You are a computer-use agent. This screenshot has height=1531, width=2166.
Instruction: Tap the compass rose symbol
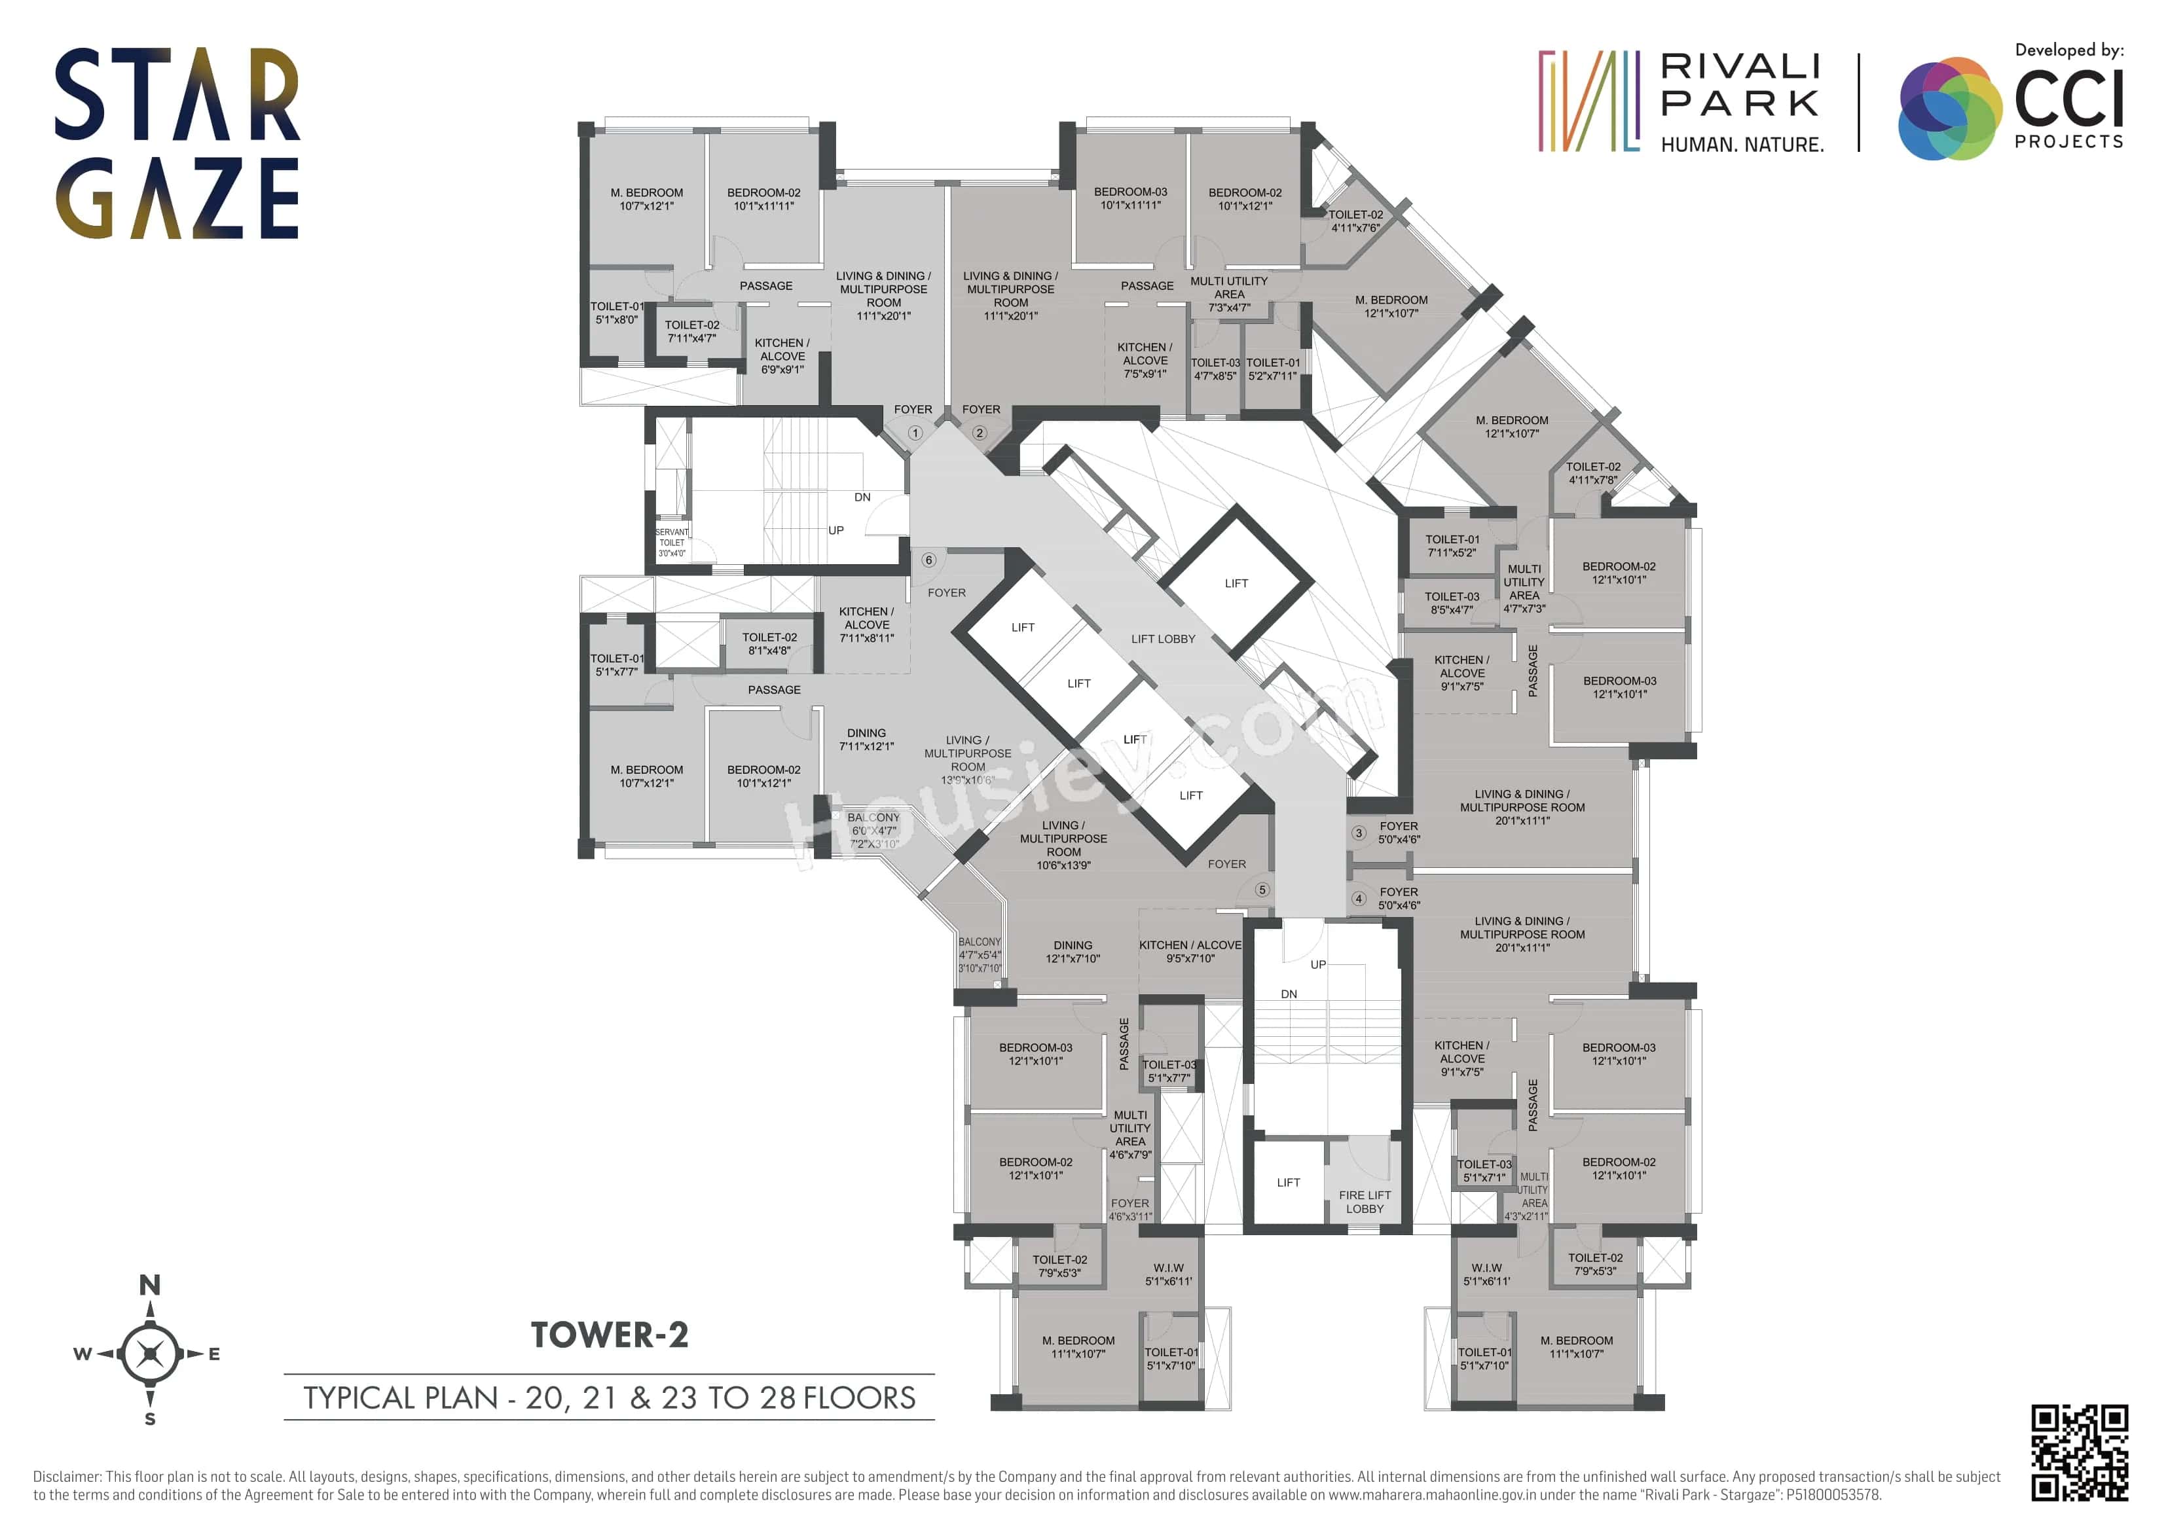tap(150, 1353)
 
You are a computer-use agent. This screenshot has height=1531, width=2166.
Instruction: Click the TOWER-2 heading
tap(610, 1335)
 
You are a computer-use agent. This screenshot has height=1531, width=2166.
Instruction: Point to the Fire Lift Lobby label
tap(1364, 1201)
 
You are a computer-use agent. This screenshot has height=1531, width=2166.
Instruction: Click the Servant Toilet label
tap(672, 543)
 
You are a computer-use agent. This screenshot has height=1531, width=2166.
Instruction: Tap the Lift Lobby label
tap(1162, 639)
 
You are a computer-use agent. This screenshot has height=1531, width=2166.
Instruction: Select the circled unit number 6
tap(928, 560)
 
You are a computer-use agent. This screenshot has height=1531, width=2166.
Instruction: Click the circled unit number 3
tap(1359, 833)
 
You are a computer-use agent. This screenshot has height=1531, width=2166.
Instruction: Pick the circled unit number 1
tap(914, 433)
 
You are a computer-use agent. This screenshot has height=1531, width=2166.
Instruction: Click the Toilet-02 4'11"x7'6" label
tap(1355, 221)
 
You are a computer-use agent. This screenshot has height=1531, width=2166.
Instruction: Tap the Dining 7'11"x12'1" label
tap(866, 740)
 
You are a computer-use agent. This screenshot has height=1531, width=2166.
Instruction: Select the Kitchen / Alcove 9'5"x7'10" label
tap(1190, 951)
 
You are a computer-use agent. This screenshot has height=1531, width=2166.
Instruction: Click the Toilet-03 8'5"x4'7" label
tap(1451, 603)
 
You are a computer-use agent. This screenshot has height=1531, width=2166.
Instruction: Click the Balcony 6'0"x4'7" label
tap(873, 825)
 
